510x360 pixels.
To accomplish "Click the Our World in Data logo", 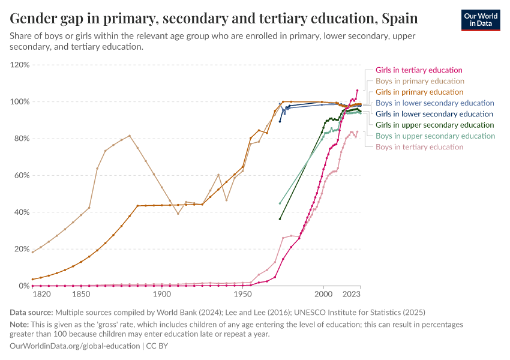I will [x=480, y=20].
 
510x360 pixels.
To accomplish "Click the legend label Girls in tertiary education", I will [x=419, y=70].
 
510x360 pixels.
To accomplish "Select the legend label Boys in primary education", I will [x=419, y=81].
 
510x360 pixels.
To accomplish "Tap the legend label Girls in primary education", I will [x=419, y=92].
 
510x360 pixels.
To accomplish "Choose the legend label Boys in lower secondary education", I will [x=434, y=103].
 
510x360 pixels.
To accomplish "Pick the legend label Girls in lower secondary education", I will [x=434, y=114].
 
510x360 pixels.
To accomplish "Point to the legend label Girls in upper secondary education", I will [x=434, y=125].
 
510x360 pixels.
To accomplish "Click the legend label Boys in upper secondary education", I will [x=435, y=136].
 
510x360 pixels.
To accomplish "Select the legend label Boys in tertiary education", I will [x=419, y=147].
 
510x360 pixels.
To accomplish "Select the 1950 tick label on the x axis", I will [x=242, y=294].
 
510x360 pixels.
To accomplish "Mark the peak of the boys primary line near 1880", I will [x=130, y=136].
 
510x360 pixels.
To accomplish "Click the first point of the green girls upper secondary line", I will [x=280, y=219].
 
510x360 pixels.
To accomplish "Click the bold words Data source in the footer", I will [x=31, y=313].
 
